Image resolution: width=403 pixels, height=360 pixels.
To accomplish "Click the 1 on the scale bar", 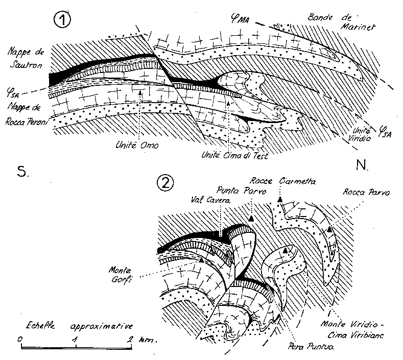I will click(75, 339).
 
